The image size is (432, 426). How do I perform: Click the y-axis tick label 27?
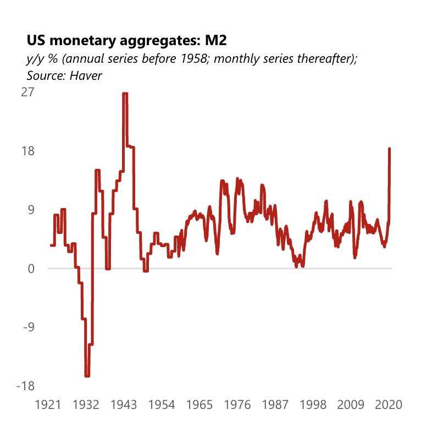point(27,92)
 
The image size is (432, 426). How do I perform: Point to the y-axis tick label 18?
point(27,151)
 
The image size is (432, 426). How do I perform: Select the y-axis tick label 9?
point(30,210)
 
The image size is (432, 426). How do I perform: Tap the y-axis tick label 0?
point(30,269)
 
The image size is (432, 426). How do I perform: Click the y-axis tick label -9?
point(28,327)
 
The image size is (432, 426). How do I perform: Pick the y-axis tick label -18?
point(25,386)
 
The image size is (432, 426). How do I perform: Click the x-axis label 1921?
point(48,405)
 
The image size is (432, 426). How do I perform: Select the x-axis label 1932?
point(86,405)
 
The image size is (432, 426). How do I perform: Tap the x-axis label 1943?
point(124,405)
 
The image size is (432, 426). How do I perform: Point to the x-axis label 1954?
point(162,405)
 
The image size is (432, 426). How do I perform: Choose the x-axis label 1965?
point(200,405)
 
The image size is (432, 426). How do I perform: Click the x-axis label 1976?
point(237,405)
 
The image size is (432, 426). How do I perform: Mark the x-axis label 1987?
point(275,405)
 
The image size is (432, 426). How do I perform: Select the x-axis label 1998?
point(313,405)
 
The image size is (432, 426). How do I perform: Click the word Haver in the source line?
point(86,75)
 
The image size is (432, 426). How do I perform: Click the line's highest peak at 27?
point(125,94)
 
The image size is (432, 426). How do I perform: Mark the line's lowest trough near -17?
point(87,376)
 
